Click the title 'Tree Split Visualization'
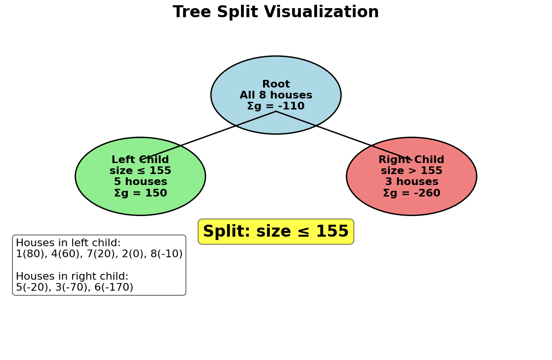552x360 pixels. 276,12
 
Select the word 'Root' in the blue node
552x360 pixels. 276,85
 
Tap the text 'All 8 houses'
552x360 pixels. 276,96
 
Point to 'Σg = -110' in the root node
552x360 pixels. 276,107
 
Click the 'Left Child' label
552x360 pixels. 140,160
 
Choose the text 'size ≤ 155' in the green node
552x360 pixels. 140,171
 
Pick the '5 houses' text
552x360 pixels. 140,182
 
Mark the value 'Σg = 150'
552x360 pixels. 140,194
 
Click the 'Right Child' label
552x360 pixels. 411,160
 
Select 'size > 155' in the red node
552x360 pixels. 411,171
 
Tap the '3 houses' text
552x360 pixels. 411,182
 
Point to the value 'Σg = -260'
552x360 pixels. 411,194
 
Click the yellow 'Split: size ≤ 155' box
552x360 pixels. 276,232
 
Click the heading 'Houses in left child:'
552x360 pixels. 68,243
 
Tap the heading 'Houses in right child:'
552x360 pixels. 72,277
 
